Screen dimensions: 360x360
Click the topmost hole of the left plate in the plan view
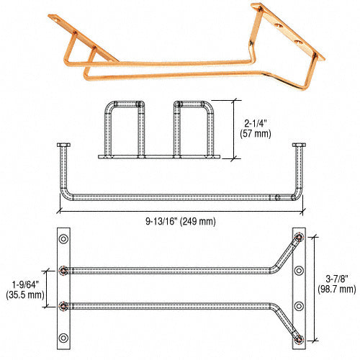point(64,238)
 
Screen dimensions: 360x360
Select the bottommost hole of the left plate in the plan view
point(64,336)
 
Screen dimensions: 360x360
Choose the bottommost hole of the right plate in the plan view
point(300,336)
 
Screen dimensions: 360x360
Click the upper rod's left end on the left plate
point(65,271)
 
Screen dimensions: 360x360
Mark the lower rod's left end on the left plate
point(65,305)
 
